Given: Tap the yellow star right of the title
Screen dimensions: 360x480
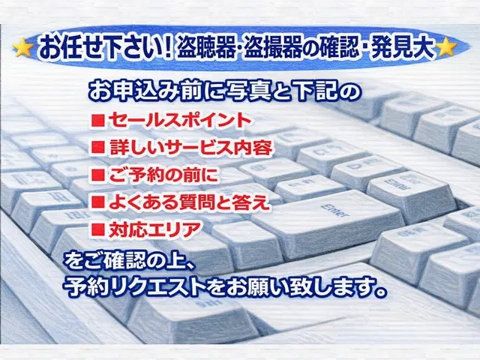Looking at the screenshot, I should click(447, 47).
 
